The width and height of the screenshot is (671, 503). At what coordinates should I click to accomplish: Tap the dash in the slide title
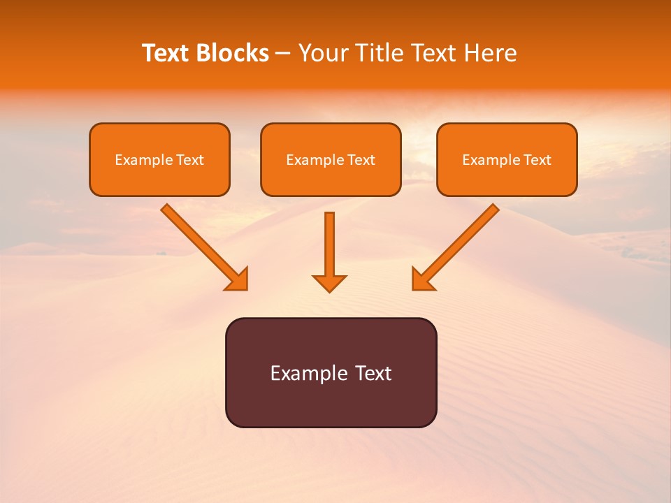click(x=283, y=54)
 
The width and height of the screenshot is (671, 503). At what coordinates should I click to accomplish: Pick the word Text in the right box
click(x=537, y=160)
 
